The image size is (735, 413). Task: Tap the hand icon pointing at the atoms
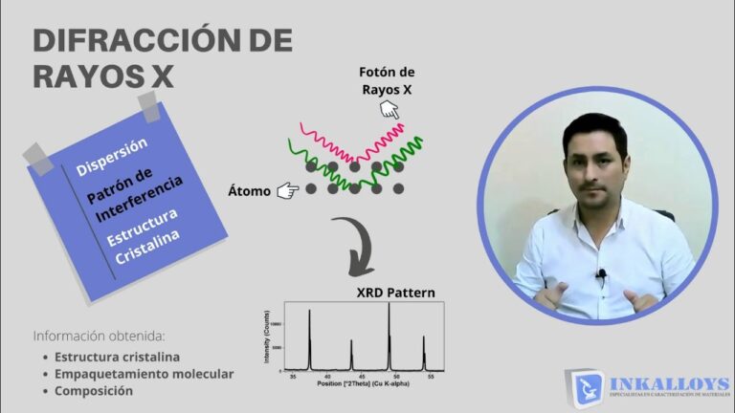(287, 191)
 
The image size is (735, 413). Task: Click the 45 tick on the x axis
(369, 378)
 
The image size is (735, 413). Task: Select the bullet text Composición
(94, 390)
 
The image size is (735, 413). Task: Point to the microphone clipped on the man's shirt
(601, 276)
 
